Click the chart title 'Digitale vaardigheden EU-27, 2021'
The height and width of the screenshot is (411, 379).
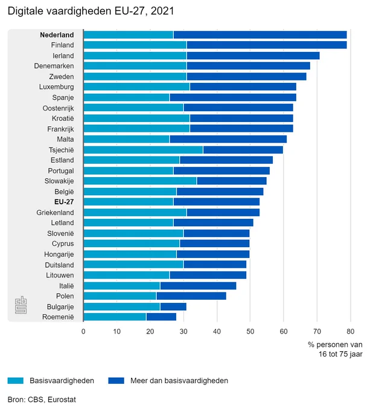pyautogui.click(x=91, y=11)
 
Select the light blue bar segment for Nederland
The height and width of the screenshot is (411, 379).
pyautogui.click(x=129, y=34)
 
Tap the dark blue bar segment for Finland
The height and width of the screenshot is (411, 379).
pyautogui.click(x=267, y=45)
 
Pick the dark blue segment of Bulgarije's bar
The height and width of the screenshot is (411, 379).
pyautogui.click(x=173, y=306)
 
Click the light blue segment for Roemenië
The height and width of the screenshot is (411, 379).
pyautogui.click(x=115, y=317)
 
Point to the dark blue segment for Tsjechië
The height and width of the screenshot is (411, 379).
pyautogui.click(x=243, y=150)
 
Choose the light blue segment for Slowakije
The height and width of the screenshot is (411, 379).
pyautogui.click(x=140, y=181)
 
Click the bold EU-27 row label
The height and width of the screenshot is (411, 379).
pyautogui.click(x=64, y=202)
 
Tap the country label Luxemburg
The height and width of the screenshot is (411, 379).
pyautogui.click(x=57, y=87)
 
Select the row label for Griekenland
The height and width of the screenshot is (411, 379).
pyautogui.click(x=56, y=212)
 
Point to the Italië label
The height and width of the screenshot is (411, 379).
pyautogui.click(x=66, y=286)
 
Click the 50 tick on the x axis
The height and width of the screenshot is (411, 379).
pyautogui.click(x=250, y=331)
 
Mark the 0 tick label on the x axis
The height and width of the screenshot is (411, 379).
pyautogui.click(x=83, y=331)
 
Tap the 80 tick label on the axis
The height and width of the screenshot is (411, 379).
pyautogui.click(x=351, y=331)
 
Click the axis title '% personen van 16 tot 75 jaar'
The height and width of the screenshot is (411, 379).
pyautogui.click(x=336, y=349)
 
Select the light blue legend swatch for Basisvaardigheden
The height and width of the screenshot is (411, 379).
pyautogui.click(x=16, y=381)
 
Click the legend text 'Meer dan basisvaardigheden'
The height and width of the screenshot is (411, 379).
pyautogui.click(x=179, y=381)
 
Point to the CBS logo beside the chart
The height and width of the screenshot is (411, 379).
pyautogui.click(x=21, y=305)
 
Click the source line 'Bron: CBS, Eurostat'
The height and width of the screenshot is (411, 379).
pyautogui.click(x=42, y=400)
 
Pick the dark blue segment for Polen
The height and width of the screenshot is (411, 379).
pyautogui.click(x=191, y=296)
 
